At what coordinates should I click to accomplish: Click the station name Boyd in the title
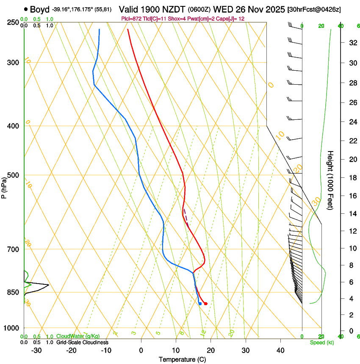(39, 9)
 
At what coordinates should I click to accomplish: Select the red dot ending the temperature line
(205, 303)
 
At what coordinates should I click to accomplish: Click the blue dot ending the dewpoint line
(200, 303)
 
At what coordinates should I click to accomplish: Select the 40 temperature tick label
(280, 350)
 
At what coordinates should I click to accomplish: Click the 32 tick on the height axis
(352, 43)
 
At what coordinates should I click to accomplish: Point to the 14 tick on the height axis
(352, 214)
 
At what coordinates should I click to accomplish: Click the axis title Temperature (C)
(182, 359)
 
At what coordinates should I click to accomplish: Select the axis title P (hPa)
(4, 186)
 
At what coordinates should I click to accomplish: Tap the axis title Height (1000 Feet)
(330, 180)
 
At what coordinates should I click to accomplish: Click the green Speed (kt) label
(322, 342)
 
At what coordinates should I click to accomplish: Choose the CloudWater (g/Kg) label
(78, 336)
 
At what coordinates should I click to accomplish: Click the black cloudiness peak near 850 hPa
(48, 284)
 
